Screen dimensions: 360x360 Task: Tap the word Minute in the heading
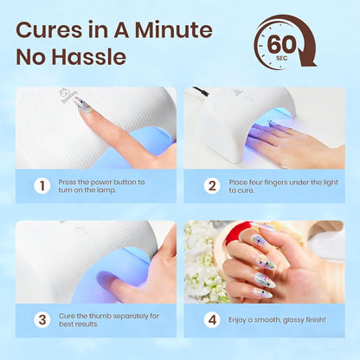coord(172,30)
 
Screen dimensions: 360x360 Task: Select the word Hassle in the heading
coord(90,59)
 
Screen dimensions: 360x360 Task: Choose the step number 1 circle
coord(42,185)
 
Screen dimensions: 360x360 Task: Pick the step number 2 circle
coord(211,185)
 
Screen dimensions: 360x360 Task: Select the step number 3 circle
coord(42,318)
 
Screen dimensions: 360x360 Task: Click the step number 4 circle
coord(211,318)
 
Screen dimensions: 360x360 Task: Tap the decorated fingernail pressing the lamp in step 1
coord(82,105)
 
